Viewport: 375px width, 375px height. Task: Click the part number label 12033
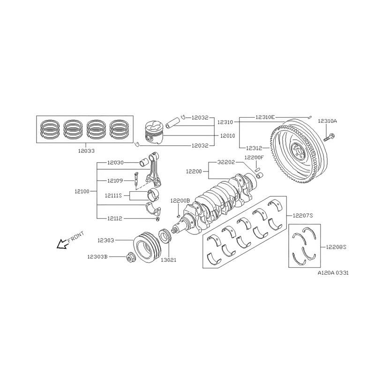[x=86, y=151]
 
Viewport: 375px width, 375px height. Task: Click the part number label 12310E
[x=265, y=116]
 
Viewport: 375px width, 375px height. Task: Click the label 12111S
[x=113, y=195]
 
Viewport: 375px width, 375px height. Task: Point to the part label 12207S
[x=303, y=215]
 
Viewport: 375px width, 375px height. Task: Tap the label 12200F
[x=254, y=158]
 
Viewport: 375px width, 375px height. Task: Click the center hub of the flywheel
[x=296, y=152]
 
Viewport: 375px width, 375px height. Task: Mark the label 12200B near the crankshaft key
[x=180, y=200]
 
